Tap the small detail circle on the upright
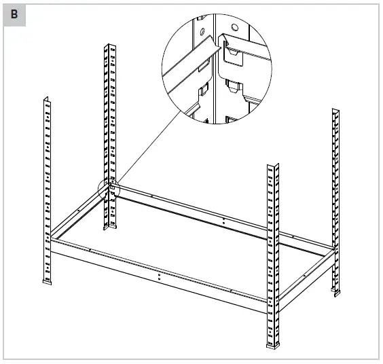click(109, 189)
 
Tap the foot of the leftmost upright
click(47, 280)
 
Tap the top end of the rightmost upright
click(335, 110)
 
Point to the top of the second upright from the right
click(273, 166)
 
